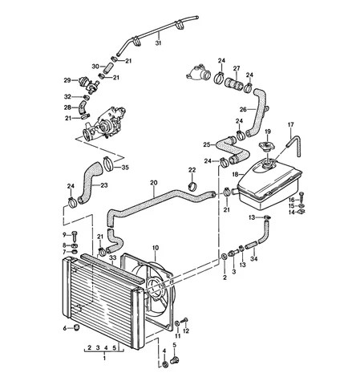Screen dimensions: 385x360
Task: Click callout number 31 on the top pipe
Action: [x=158, y=43]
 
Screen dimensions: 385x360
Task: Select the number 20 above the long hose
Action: [x=153, y=183]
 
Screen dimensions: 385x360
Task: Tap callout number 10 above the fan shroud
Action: [x=156, y=249]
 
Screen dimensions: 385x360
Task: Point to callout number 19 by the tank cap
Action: [x=269, y=131]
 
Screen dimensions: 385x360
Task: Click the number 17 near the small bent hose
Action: [x=291, y=124]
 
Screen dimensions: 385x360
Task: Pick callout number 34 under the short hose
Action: [x=255, y=258]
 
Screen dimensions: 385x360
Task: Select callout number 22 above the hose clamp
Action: [x=192, y=170]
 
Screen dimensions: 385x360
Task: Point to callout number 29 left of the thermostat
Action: [x=67, y=79]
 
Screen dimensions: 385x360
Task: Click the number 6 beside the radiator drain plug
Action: [x=65, y=327]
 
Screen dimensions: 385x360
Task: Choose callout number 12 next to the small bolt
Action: [x=185, y=330]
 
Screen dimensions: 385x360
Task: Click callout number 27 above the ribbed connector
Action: [x=236, y=69]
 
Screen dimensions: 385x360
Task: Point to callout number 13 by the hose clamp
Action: [x=252, y=217]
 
